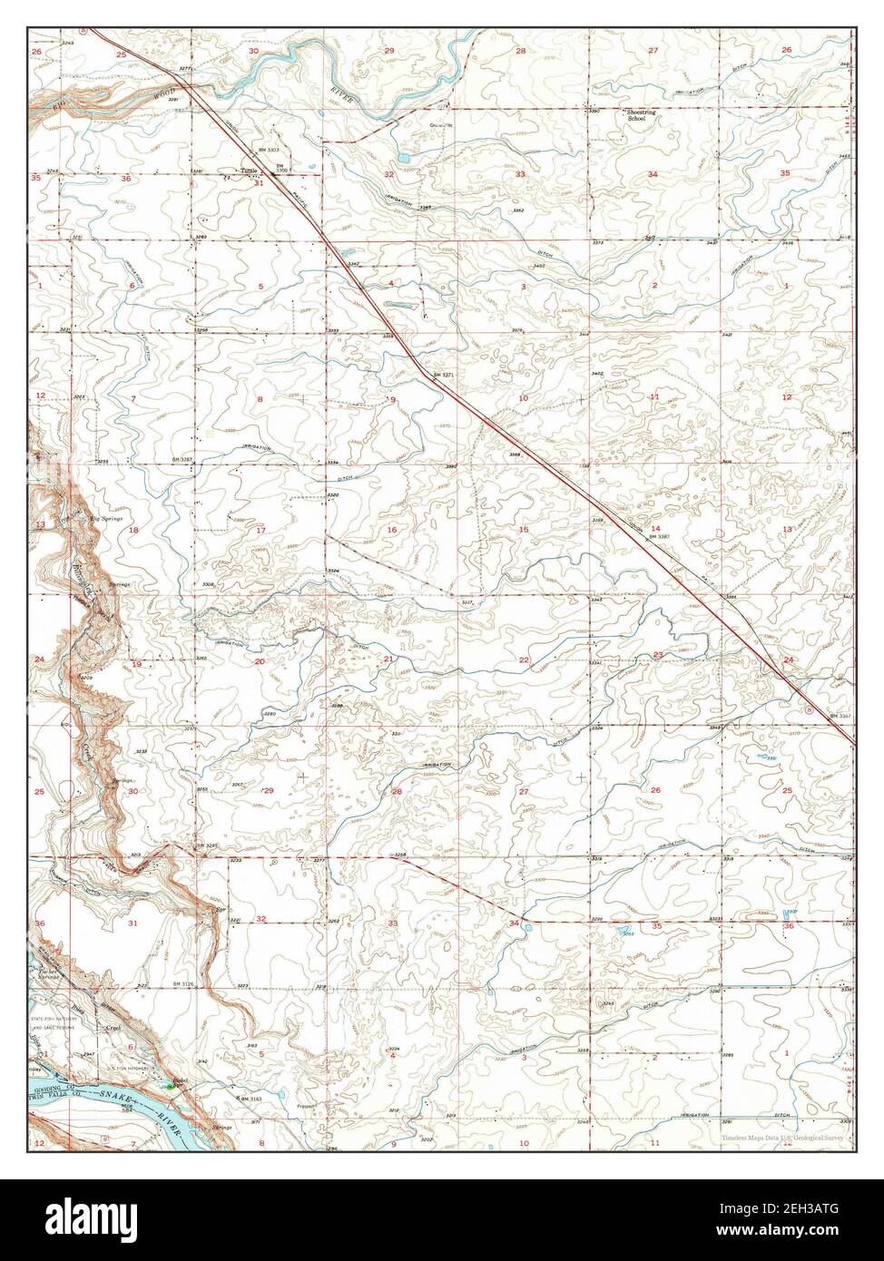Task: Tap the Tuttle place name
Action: click(x=249, y=170)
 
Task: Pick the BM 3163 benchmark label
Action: click(x=250, y=1099)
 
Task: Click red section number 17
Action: click(x=260, y=530)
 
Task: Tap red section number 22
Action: click(x=524, y=660)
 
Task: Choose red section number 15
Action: click(x=523, y=529)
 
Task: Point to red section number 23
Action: click(x=657, y=655)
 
